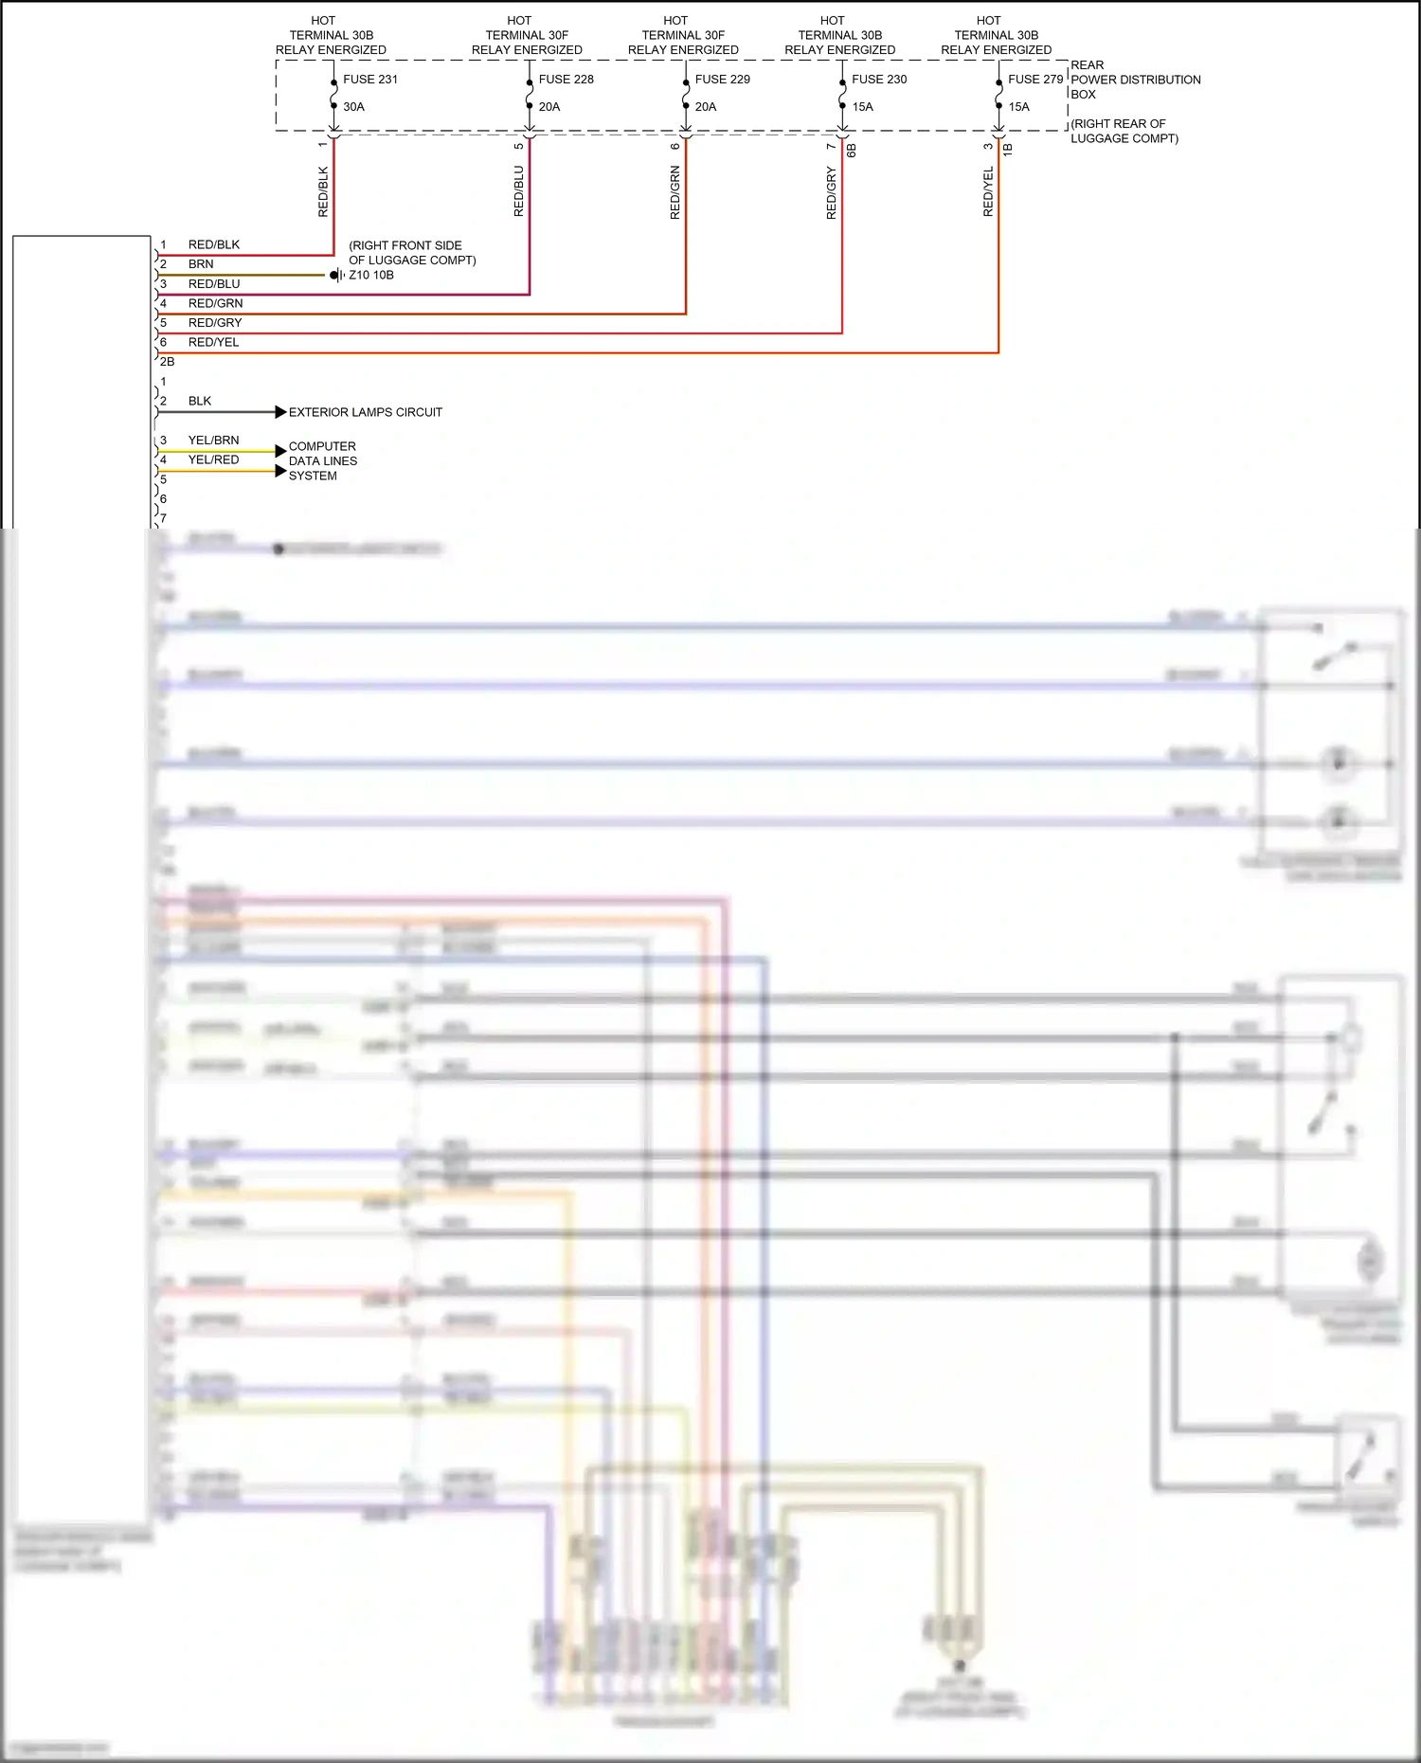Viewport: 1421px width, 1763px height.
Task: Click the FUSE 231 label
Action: [370, 80]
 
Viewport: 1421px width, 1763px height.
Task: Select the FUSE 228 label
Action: [566, 80]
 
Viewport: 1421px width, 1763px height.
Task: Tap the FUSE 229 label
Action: [722, 80]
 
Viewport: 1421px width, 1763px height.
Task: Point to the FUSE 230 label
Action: [879, 80]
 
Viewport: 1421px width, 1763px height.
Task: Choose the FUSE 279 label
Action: [1035, 80]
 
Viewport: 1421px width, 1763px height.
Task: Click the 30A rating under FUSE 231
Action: [353, 107]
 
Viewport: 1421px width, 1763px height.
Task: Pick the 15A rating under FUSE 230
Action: [862, 107]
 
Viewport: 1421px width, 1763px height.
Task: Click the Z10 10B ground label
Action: [371, 275]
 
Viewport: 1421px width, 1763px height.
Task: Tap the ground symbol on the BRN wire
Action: [336, 275]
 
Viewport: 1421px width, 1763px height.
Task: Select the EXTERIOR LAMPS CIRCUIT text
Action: [365, 412]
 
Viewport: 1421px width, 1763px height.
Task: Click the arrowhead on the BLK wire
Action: [280, 412]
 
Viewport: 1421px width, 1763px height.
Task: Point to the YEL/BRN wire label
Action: [213, 441]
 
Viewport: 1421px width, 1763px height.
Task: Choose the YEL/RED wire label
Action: [213, 459]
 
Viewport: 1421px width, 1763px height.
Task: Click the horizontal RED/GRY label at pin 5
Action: [215, 323]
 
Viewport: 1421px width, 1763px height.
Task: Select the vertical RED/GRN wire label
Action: [675, 192]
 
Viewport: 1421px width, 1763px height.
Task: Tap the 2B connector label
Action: [167, 362]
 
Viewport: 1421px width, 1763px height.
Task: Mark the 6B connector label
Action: [851, 150]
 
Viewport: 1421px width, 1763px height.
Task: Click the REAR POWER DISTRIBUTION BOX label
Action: [1135, 80]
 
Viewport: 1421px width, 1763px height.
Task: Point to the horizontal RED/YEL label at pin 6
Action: [213, 342]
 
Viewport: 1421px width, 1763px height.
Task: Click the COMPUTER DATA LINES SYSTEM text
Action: [322, 461]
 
